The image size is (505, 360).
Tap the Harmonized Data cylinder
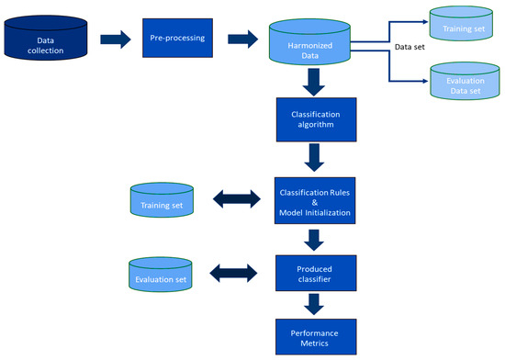pyautogui.click(x=309, y=42)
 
